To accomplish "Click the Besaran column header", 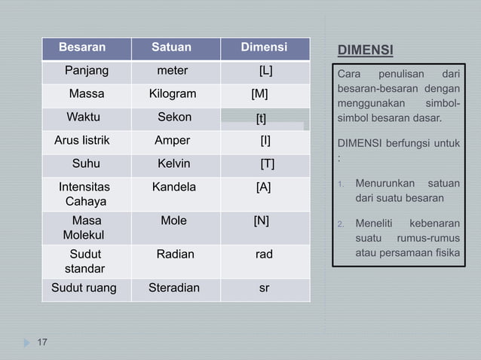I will tap(82, 48).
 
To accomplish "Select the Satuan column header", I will tap(171, 48).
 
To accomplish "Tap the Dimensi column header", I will tap(264, 48).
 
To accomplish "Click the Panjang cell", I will tap(86, 72).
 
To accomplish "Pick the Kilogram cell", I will tap(173, 94).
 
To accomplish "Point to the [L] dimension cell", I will tap(265, 72).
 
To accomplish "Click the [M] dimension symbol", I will tap(259, 94).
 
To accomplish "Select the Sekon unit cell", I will tap(174, 117).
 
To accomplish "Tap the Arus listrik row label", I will tap(82, 140).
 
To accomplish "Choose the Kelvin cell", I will tap(173, 163).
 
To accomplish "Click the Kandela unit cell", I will tap(173, 187).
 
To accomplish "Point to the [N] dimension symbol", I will tap(261, 221).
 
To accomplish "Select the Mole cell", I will tap(173, 221).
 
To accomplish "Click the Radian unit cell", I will tap(175, 255).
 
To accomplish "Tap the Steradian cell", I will tap(174, 288).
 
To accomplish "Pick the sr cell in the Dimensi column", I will tap(264, 288).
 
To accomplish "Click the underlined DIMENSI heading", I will tap(365, 51).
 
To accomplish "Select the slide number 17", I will tap(42, 343).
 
